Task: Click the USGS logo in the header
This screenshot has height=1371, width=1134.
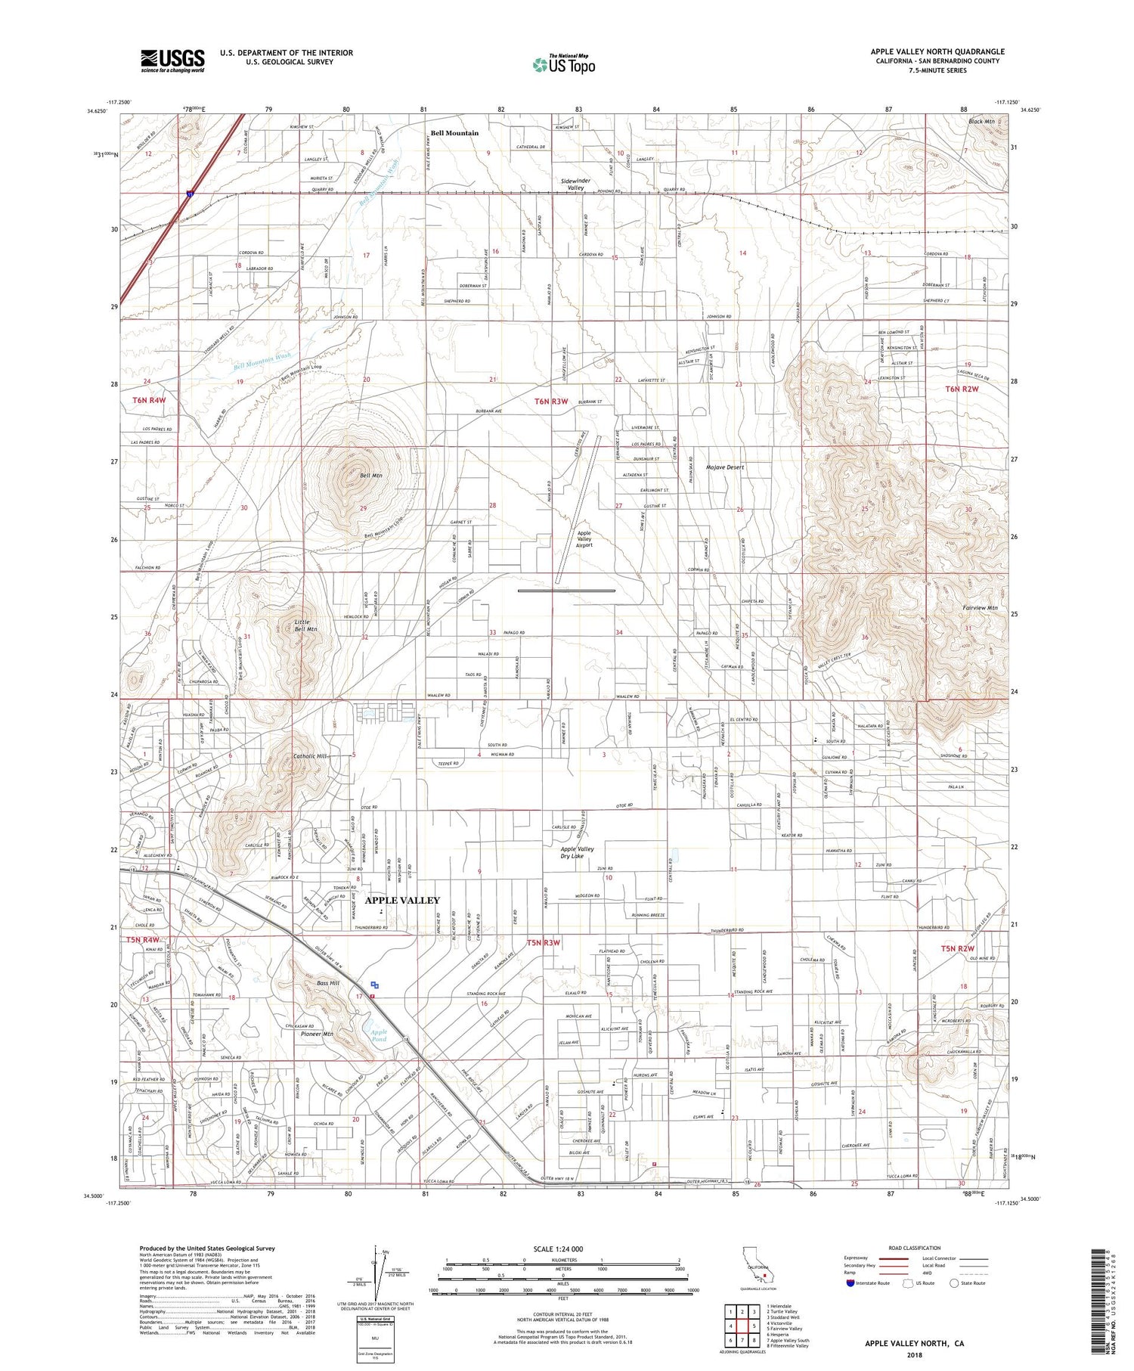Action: click(x=172, y=60)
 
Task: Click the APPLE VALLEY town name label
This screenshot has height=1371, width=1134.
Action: click(x=401, y=900)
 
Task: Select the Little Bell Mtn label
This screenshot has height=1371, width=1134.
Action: click(x=305, y=625)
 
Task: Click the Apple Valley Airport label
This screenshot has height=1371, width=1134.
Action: click(x=584, y=538)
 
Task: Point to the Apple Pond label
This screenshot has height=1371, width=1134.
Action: click(x=379, y=1035)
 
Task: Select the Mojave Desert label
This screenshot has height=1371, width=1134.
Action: click(x=725, y=467)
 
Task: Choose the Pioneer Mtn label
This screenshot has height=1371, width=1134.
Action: click(x=318, y=1034)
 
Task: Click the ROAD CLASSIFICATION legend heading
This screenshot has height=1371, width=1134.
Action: click(x=914, y=1248)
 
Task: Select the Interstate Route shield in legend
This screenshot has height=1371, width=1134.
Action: click(x=850, y=1283)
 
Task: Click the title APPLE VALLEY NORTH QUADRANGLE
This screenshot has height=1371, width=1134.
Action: click(x=937, y=51)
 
